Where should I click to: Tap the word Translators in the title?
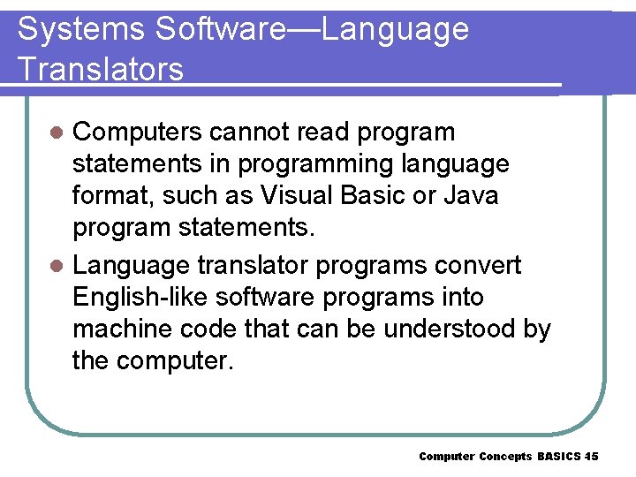click(x=101, y=69)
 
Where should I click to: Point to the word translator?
click(x=254, y=265)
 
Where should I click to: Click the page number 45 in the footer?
click(x=591, y=456)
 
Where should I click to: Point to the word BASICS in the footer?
click(x=558, y=456)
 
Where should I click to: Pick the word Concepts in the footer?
click(x=505, y=456)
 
